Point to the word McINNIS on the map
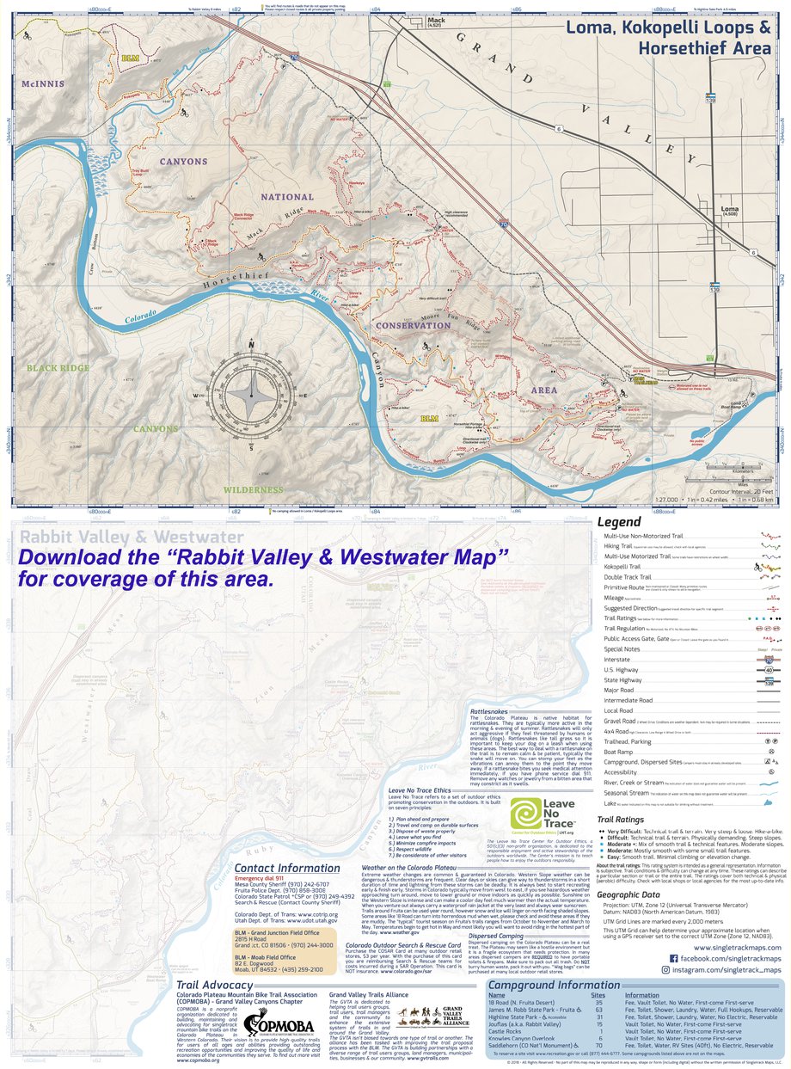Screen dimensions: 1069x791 point(44,83)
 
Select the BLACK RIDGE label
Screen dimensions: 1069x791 point(58,367)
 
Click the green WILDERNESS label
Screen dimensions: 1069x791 point(253,489)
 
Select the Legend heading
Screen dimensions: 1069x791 point(618,522)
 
